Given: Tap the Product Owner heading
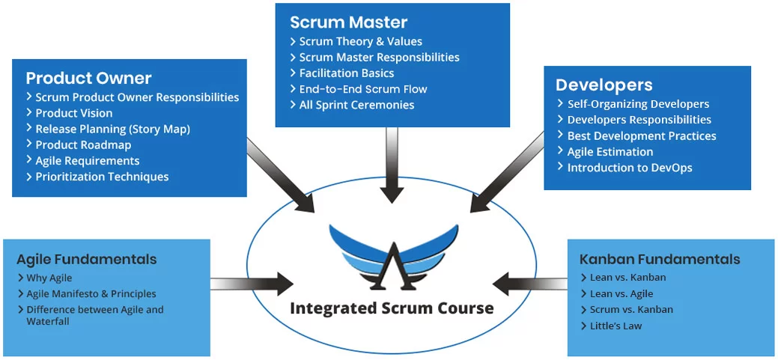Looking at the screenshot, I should click(x=88, y=78).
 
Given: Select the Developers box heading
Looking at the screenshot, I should click(x=604, y=85).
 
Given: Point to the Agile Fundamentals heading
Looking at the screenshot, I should click(x=87, y=260).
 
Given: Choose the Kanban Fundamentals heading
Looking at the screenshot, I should click(x=660, y=260).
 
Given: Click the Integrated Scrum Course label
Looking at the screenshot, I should click(x=392, y=308).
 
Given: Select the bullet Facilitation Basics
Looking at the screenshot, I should click(x=347, y=73).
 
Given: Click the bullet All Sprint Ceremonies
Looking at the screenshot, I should click(x=356, y=105).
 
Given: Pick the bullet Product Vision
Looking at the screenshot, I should click(x=74, y=113).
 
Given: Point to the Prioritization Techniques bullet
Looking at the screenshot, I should click(x=102, y=177).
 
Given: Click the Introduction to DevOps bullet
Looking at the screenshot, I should click(x=629, y=168).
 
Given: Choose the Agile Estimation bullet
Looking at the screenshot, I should click(x=610, y=152).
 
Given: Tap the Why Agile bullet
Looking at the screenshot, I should click(x=49, y=278).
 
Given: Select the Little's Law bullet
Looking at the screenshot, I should click(x=616, y=326).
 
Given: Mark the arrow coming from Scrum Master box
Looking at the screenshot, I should click(x=392, y=165).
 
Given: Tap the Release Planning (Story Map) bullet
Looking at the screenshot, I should click(x=112, y=129).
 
